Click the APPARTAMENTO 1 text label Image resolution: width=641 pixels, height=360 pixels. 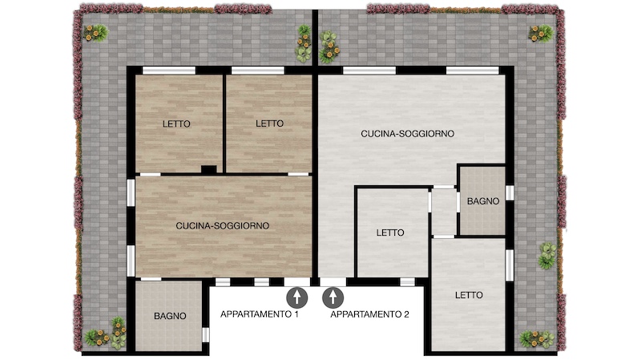259,314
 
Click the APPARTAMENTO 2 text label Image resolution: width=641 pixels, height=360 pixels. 369,314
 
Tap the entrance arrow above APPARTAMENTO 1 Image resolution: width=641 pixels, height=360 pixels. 297,297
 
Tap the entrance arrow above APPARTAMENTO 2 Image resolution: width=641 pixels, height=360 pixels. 333,297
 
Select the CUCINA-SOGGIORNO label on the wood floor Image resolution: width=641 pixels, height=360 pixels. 223,225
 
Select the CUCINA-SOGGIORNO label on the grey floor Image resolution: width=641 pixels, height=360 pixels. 408,134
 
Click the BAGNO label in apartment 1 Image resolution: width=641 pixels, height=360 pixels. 170,316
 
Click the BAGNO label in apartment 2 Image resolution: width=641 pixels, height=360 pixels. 483,201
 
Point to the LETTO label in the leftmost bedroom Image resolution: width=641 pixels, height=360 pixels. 176,123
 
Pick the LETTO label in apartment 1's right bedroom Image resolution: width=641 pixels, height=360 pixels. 270,123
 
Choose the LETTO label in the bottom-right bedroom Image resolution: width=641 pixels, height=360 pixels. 469,295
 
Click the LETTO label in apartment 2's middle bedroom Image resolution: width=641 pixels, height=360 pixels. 390,233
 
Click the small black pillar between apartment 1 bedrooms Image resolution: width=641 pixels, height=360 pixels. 209,169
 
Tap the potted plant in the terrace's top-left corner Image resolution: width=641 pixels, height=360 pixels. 96,32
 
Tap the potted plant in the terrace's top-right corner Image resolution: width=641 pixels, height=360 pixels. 542,33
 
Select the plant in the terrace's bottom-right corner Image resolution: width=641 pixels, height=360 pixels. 537,338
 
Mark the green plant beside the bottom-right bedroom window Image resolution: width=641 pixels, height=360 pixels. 547,255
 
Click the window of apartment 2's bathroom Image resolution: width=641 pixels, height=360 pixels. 510,193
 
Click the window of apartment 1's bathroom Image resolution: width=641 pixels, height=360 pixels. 206,334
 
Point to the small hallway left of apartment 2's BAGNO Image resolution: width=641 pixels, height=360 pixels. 444,212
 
